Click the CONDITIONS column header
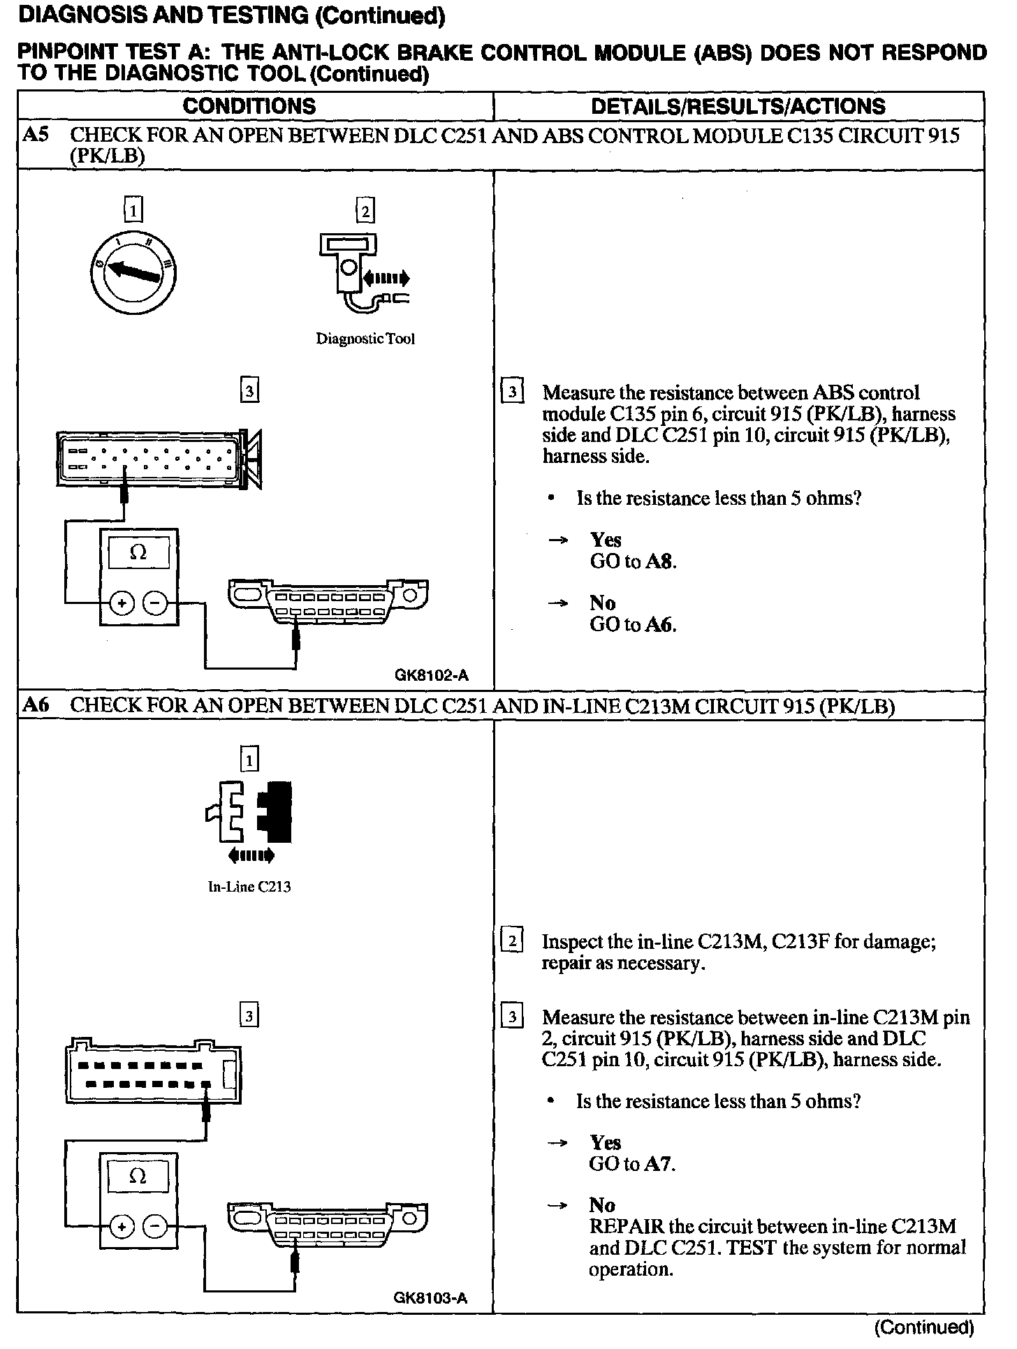pyautogui.click(x=249, y=106)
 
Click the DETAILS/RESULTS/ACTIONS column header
pyautogui.click(x=738, y=106)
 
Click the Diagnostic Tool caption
pyautogui.click(x=365, y=339)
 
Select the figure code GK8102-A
pyautogui.click(x=431, y=675)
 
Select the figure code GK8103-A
pyautogui.click(x=430, y=1299)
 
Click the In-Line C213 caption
pyautogui.click(x=249, y=887)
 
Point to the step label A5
pyautogui.click(x=36, y=135)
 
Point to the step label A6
pyautogui.click(x=36, y=705)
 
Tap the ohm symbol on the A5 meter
pyautogui.click(x=138, y=553)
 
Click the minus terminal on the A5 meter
pyautogui.click(x=156, y=602)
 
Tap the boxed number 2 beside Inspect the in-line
pyautogui.click(x=512, y=942)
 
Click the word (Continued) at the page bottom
pyautogui.click(x=923, y=1327)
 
